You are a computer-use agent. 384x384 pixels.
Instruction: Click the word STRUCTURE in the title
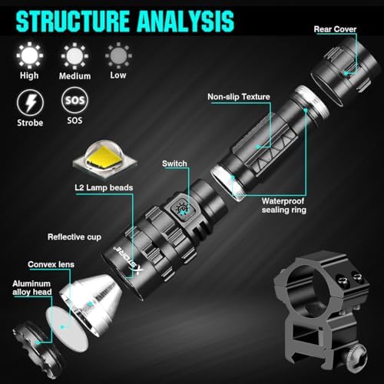73,21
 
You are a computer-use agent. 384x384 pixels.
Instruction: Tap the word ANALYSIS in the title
186,21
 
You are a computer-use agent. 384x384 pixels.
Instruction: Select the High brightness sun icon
30,55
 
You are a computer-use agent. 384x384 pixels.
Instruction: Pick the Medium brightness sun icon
74,56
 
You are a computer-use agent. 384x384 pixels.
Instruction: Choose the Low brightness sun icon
118,55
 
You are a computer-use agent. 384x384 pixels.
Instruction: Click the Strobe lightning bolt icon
30,103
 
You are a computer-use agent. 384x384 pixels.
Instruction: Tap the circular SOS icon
74,100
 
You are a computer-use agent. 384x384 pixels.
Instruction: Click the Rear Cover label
335,29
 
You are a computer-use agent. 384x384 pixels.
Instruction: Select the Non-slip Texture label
239,97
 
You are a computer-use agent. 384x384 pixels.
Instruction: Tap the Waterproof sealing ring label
283,206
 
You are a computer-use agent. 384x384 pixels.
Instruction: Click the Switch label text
174,164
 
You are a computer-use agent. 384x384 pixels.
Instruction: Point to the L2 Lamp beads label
104,187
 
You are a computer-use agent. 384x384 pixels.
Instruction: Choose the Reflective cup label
74,237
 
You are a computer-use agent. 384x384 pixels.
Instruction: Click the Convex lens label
51,264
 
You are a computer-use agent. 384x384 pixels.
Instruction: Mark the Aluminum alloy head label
32,288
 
